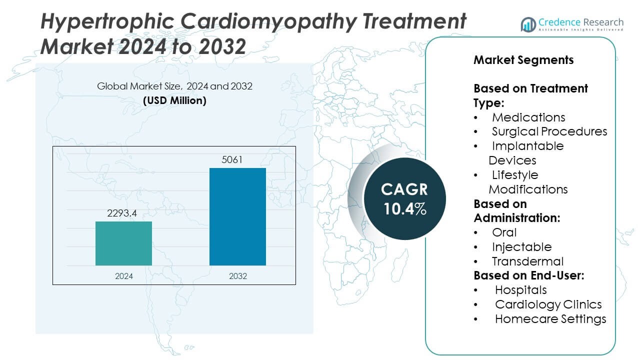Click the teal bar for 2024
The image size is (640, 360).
123,243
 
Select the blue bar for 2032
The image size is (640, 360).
237,216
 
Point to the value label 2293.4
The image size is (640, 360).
122,213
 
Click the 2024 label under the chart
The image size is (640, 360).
123,276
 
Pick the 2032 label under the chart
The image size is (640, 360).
237,276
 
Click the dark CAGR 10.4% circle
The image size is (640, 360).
405,198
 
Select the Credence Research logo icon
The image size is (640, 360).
528,24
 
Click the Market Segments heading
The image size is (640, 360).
523,60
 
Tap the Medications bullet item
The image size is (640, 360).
528,117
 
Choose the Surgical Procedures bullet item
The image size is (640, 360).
549,131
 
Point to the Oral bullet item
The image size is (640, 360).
504,232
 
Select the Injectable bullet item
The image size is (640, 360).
521,247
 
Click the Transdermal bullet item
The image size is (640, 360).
527,261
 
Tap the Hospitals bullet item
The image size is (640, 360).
520,290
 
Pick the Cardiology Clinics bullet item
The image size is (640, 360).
548,304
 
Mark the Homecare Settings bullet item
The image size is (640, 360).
550,319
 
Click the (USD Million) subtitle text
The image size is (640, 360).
174,100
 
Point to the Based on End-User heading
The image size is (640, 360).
529,275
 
